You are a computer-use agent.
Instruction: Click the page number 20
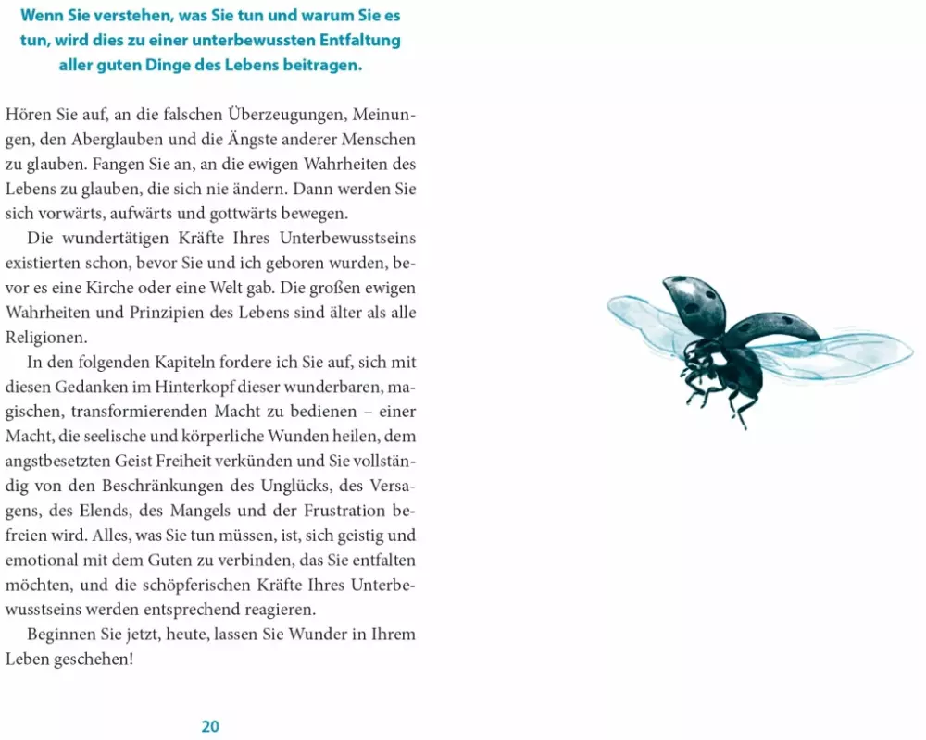click(210, 726)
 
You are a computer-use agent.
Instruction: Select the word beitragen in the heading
click(319, 67)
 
